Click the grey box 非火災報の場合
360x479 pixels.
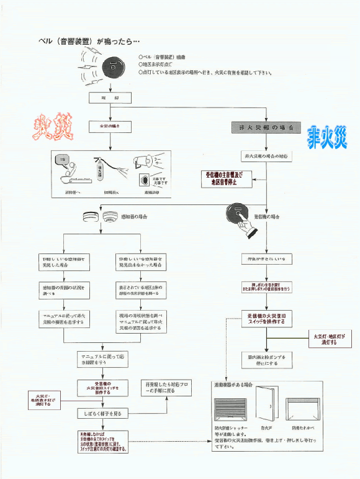266,127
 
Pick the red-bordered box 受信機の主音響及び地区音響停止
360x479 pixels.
223,179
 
